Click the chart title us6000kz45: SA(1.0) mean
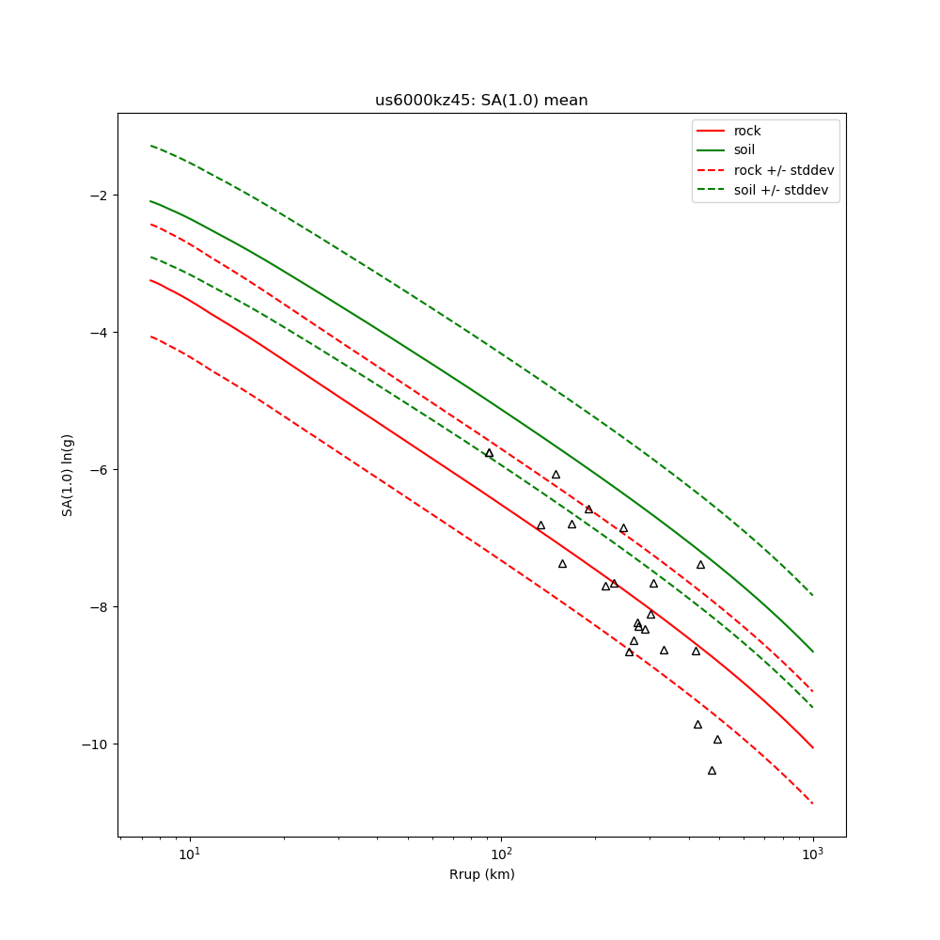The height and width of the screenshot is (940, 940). [481, 101]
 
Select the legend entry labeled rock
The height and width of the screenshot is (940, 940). [747, 131]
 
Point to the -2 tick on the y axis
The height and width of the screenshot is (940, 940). [98, 196]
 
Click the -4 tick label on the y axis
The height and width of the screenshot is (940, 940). [98, 333]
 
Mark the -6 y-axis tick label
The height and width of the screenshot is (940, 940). [98, 470]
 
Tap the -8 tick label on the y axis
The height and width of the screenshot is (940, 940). [98, 607]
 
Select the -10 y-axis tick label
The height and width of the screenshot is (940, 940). [94, 744]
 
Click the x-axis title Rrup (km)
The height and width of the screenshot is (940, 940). [481, 874]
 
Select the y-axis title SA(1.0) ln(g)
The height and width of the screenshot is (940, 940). [68, 470]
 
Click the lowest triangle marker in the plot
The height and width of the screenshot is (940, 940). [712, 771]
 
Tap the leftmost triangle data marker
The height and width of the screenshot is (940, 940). [489, 453]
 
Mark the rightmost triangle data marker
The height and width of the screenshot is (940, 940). [717, 740]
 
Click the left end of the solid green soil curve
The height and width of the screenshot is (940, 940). [149, 200]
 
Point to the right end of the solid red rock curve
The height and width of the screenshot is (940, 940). [813, 748]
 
